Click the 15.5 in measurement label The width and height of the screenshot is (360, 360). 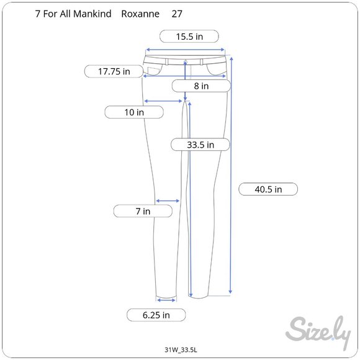point(189,36)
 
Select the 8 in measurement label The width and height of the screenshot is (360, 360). point(201,86)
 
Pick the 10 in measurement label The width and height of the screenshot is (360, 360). point(134,112)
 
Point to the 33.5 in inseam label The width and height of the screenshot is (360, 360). point(200,145)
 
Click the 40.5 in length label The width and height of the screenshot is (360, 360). point(268,189)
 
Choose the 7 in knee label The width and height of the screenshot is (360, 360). point(143,211)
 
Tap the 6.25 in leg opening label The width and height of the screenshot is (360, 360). point(156,315)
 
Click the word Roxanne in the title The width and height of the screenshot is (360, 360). point(140,13)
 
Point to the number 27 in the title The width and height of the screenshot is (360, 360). point(177,13)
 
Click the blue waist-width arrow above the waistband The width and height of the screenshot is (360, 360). point(185,51)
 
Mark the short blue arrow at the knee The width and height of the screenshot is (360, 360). point(168,200)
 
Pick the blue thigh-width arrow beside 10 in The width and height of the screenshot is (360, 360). point(164,101)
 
